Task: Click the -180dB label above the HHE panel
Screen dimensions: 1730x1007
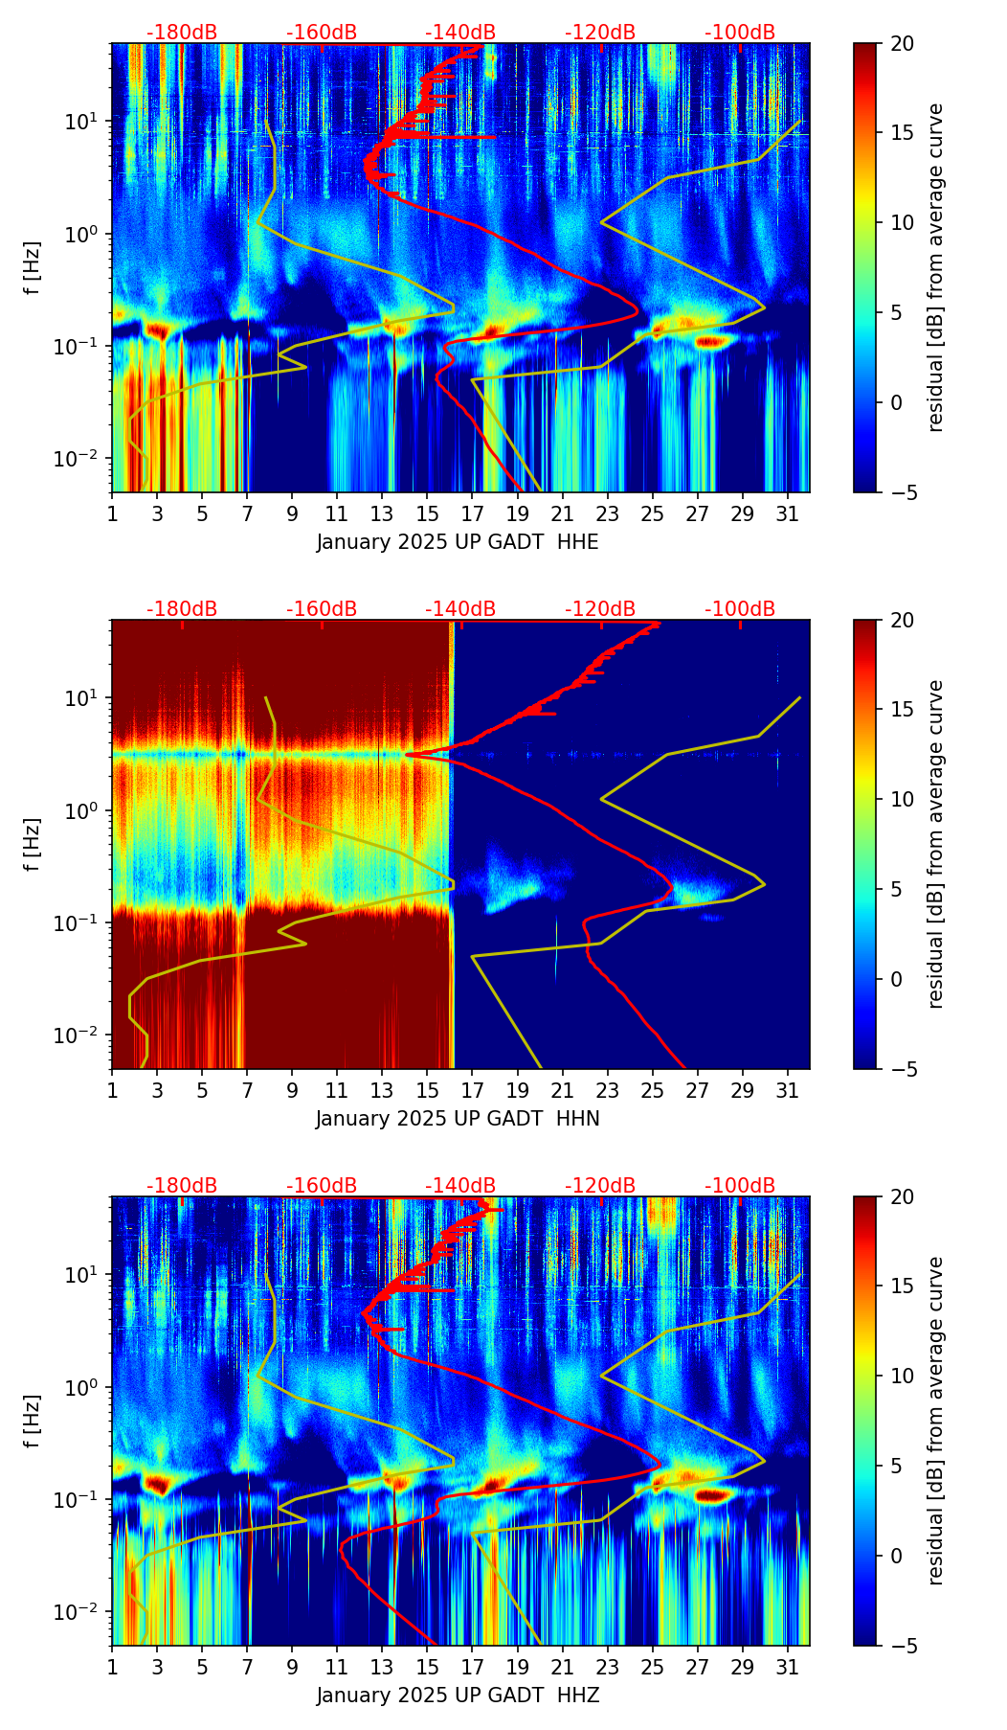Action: click(182, 33)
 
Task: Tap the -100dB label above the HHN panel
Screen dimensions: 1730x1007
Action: click(740, 609)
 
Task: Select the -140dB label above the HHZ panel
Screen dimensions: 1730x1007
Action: click(460, 1186)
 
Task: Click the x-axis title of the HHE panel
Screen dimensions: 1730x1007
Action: click(458, 542)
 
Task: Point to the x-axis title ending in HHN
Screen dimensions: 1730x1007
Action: click(458, 1119)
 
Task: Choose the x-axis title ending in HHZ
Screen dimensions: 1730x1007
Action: click(458, 1696)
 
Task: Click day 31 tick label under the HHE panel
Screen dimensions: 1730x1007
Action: click(788, 514)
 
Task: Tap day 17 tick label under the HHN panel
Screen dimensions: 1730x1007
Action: click(473, 1091)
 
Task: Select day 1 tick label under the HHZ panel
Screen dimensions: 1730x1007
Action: click(112, 1668)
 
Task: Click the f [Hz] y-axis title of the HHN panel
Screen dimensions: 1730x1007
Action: click(34, 844)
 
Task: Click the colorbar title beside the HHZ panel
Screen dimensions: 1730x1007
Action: click(936, 1421)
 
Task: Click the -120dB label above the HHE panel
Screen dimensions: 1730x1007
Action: click(600, 33)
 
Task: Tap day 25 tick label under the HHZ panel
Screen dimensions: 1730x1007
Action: click(653, 1668)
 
